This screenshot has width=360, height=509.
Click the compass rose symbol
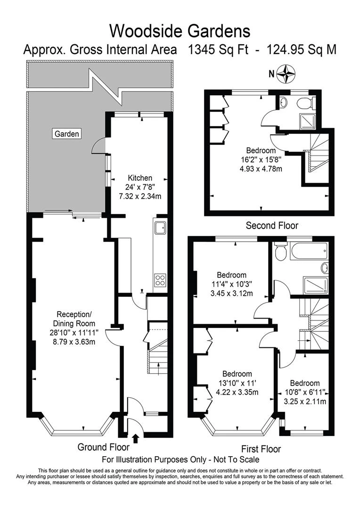coord(286,74)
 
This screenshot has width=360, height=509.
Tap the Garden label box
coord(66,134)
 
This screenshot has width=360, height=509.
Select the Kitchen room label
coord(140,178)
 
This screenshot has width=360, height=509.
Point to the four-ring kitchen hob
coord(161,280)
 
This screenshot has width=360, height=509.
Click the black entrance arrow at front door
coord(136,439)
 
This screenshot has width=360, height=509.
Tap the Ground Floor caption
coord(103,447)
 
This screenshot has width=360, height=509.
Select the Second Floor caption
coord(272,225)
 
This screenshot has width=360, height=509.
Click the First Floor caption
coord(261,449)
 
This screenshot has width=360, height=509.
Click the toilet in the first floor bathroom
coord(280,251)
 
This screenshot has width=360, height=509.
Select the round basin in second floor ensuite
coord(283,102)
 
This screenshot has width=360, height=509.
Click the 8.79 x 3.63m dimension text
coord(75,342)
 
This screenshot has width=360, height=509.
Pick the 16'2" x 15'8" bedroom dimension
coord(261,160)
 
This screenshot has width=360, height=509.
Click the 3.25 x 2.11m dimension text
coord(305,402)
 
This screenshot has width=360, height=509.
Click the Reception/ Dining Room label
coord(74,319)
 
